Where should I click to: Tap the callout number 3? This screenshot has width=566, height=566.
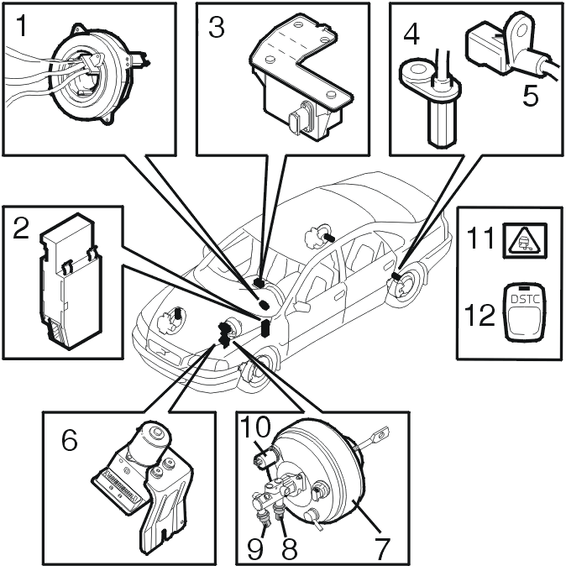[x=217, y=28]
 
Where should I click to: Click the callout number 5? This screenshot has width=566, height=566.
[x=531, y=95]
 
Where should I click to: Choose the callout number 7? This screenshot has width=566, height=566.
[x=383, y=548]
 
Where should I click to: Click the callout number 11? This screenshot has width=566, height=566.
[x=482, y=241]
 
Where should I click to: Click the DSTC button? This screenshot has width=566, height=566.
[x=523, y=311]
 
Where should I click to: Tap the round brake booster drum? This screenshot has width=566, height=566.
[x=328, y=479]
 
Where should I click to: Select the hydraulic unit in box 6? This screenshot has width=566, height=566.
[x=143, y=470]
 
